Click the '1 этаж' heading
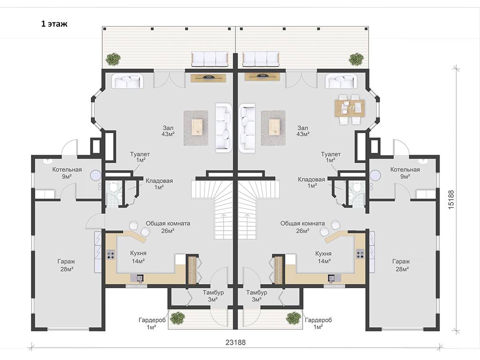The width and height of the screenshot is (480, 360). [x=54, y=24]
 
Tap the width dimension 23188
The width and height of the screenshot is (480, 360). [x=235, y=342]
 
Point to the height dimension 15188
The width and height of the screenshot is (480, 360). [x=451, y=200]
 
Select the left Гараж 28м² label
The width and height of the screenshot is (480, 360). [x=66, y=265]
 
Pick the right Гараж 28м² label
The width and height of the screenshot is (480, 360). [x=401, y=265]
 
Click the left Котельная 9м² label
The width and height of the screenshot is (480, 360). [x=67, y=173]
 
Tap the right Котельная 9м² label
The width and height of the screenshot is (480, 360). [x=405, y=173]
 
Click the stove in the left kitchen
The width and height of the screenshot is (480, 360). [x=110, y=254]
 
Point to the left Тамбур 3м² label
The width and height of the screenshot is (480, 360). [x=213, y=296]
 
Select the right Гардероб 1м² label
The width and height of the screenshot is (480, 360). [x=318, y=323]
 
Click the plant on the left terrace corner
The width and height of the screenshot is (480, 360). [x=113, y=59]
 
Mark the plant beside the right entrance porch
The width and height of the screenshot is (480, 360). [x=293, y=318]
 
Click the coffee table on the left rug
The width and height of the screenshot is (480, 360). [x=197, y=127]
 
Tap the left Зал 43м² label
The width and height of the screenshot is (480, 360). [x=168, y=131]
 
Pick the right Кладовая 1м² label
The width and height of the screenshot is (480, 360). [x=312, y=183]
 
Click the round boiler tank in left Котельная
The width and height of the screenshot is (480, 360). [x=96, y=175]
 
